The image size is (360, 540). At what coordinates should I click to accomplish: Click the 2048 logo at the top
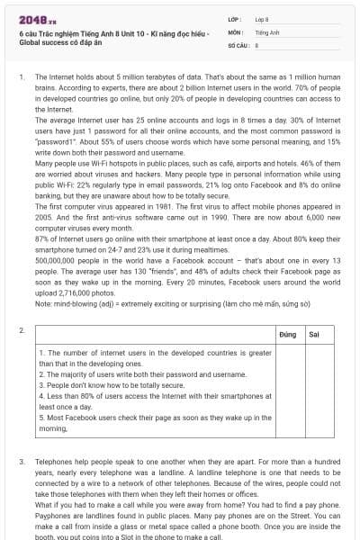31,18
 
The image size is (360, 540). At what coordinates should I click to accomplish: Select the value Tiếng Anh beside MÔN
263,31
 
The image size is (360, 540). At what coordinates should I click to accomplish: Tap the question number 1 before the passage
20,78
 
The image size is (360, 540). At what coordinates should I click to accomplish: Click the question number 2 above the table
20,331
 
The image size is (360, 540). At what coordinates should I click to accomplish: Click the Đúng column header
287,334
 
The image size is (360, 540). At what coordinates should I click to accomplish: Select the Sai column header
313,334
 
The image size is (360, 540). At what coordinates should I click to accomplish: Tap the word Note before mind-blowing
42,303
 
